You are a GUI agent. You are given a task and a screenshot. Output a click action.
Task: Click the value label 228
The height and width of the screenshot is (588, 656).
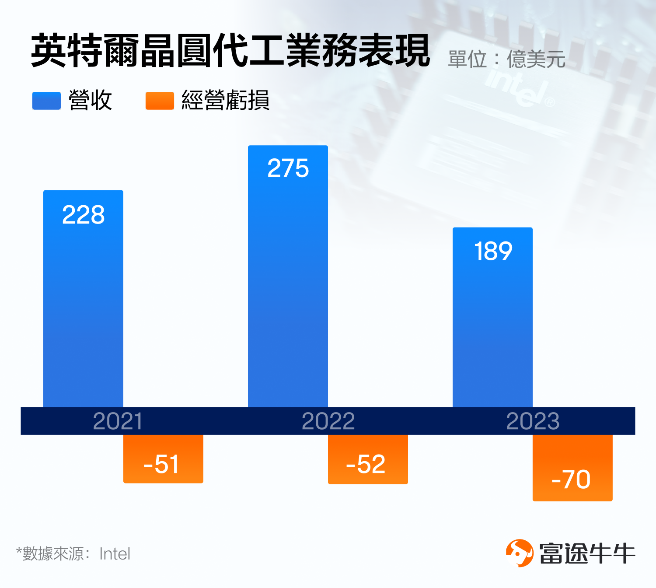84,215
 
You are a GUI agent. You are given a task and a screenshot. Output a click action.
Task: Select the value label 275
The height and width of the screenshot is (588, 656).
288,168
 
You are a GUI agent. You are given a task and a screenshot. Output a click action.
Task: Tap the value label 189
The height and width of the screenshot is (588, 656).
493,252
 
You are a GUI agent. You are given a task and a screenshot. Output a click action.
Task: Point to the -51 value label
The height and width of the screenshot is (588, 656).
161,464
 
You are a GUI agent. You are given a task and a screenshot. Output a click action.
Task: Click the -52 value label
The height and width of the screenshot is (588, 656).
366,464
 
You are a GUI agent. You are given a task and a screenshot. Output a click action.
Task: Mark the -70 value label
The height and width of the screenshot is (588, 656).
571,479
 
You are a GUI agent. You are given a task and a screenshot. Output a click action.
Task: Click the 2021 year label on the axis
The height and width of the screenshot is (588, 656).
118,421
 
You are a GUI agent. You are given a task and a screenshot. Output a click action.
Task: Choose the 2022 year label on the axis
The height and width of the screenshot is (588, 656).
328,421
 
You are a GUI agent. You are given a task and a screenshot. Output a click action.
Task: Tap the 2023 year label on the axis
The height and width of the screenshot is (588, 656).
533,421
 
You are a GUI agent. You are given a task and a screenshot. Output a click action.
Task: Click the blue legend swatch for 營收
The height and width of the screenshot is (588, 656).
46,101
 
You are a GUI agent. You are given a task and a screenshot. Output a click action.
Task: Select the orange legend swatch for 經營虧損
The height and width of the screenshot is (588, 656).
160,101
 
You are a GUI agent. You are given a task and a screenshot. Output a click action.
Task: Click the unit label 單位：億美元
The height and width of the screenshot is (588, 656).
506,59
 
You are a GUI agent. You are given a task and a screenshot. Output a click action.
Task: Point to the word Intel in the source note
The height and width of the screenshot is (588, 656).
115,554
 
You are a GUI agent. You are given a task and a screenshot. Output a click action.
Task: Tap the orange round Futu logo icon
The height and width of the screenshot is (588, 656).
520,553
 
